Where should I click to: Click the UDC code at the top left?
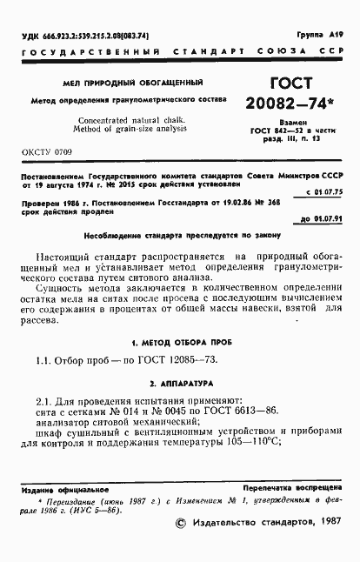(x=83, y=36)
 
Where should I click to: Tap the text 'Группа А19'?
(x=321, y=35)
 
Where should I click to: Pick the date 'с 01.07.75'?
(x=325, y=191)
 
